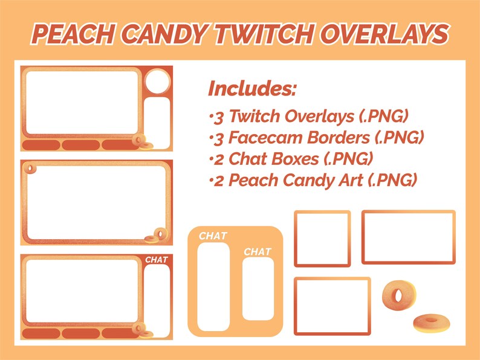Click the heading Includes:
[x=252, y=89]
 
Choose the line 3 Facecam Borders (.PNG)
[x=315, y=138]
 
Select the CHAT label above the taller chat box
[x=213, y=236]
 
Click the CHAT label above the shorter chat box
[x=258, y=251]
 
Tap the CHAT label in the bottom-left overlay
[x=157, y=260]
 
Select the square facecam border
[x=322, y=238]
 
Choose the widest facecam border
[x=408, y=237]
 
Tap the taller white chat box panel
[x=213, y=285]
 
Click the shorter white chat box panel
[x=258, y=289]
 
